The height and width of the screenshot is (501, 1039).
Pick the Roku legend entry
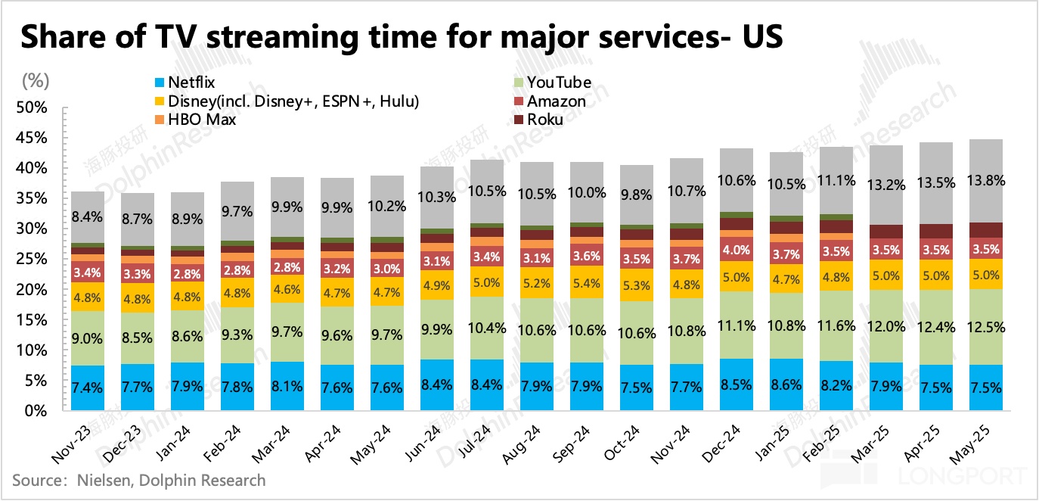coord(544,120)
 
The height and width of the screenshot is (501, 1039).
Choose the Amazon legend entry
coord(556,101)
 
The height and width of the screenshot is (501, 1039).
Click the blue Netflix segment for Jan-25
coord(787,384)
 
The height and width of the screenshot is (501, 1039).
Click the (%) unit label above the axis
coord(34,79)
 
